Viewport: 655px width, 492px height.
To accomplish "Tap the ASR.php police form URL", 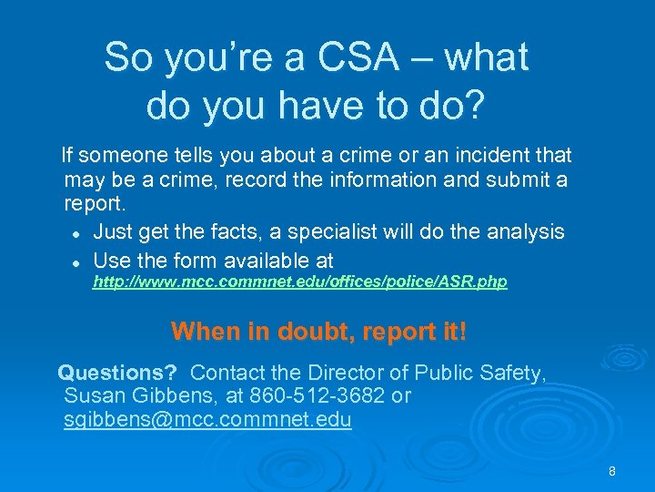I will pyautogui.click(x=300, y=282).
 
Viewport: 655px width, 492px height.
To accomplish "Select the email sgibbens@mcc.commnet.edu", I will pyautogui.click(x=207, y=420).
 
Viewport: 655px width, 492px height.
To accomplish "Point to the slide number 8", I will pyautogui.click(x=612, y=471).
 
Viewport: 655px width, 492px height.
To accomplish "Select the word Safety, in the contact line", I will pyautogui.click(x=509, y=373).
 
